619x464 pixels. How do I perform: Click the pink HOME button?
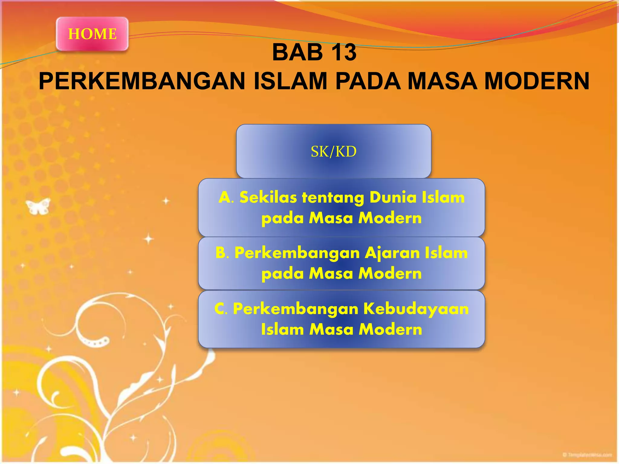click(92, 34)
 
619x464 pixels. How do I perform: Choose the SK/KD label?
click(333, 151)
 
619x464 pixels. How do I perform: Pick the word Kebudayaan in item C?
click(416, 309)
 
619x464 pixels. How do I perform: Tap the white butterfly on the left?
click(38, 206)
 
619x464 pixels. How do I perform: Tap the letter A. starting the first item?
click(226, 198)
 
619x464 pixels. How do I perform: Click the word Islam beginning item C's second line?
click(282, 329)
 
